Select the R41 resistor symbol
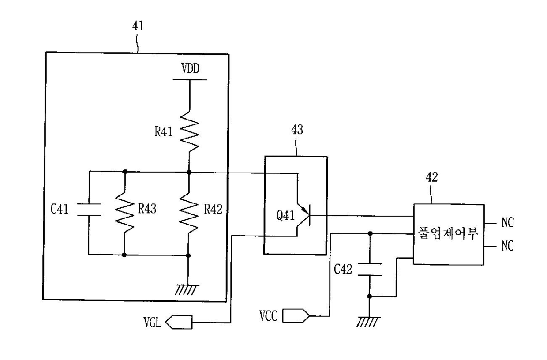tap(190, 131)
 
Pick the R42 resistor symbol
tap(188, 213)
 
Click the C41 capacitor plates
tap(89, 210)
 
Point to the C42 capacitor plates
tap(370, 270)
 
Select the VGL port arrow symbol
tap(179, 322)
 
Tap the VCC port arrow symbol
tap(296, 316)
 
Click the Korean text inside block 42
tap(448, 233)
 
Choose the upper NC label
tap(508, 222)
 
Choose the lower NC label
tap(508, 245)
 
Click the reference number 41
tap(138, 26)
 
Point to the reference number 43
tap(297, 129)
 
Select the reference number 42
tap(431, 177)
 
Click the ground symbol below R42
tap(187, 290)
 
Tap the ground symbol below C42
tap(368, 322)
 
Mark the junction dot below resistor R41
tap(189, 172)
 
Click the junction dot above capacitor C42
tap(370, 233)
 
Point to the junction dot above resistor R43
tap(125, 172)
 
